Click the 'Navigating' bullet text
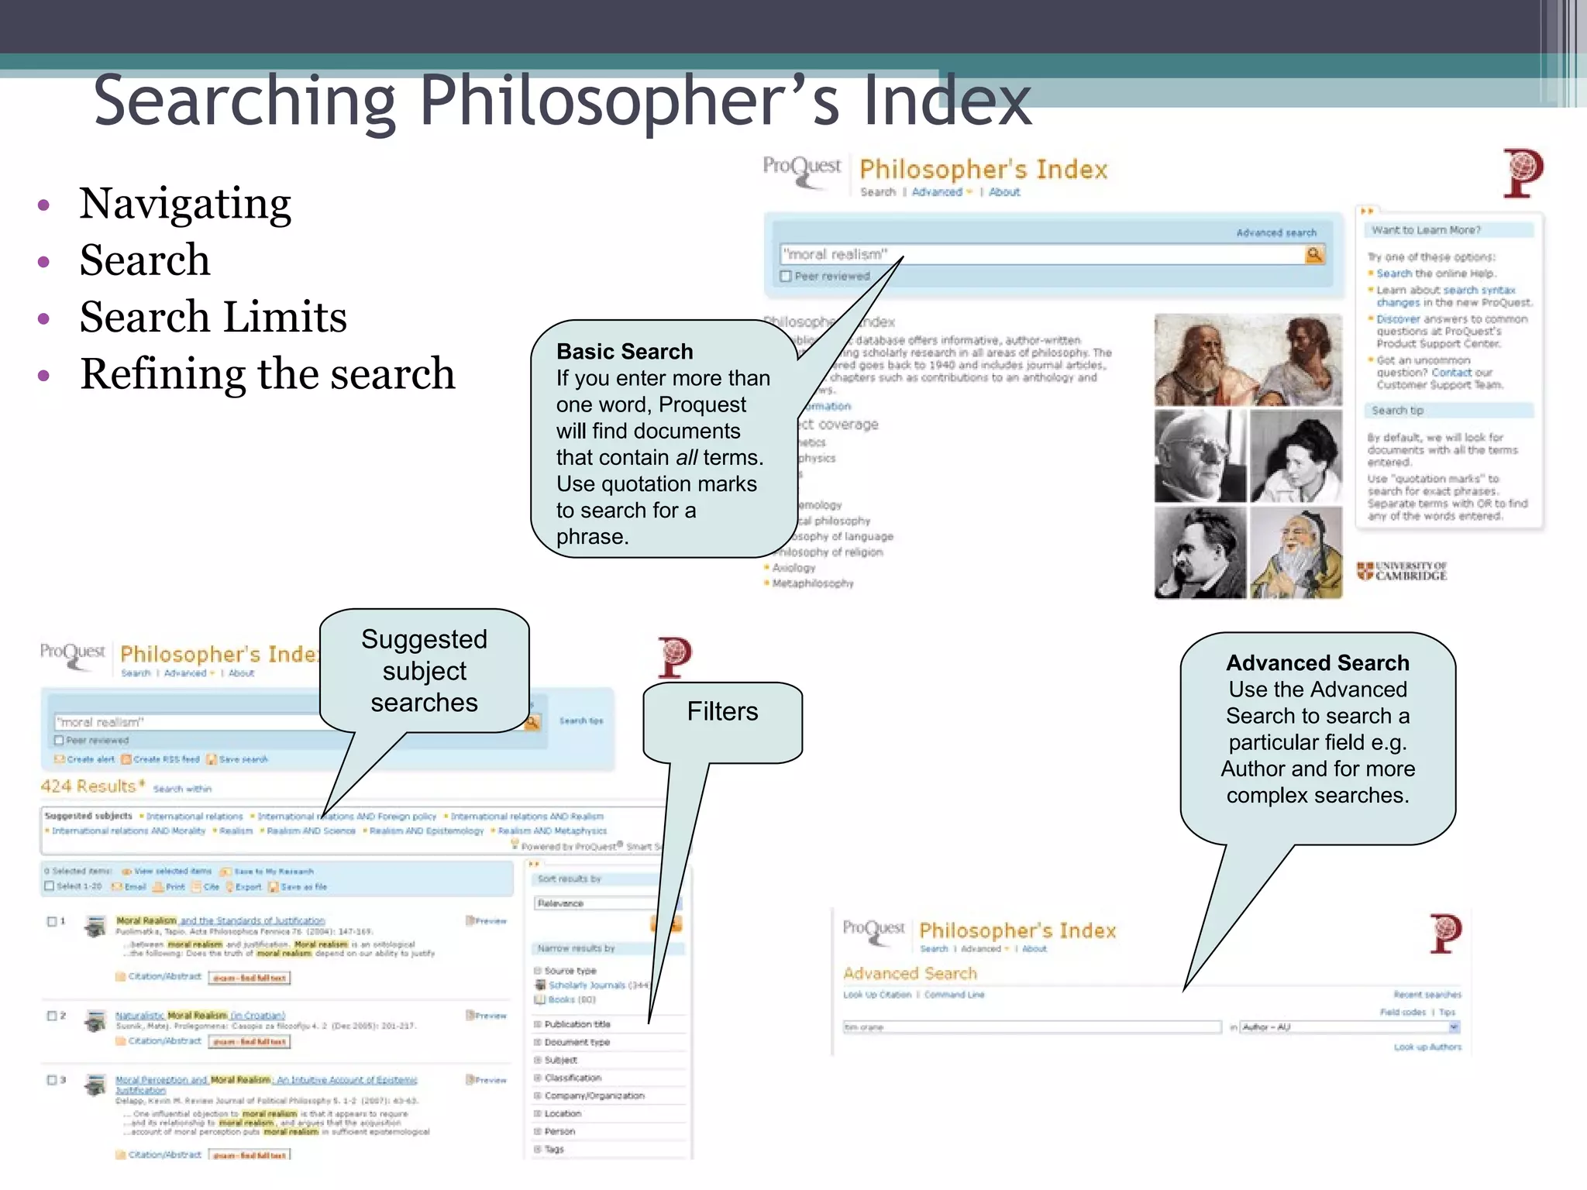(185, 205)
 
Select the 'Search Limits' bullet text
(213, 318)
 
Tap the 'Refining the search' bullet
(267, 374)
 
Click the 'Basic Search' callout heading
(625, 352)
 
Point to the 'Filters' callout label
(722, 711)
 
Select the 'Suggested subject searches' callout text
(424, 671)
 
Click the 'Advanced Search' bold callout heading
(1317, 663)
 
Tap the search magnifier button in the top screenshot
(1314, 254)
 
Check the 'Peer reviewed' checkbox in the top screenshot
(786, 277)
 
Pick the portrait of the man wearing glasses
(1200, 457)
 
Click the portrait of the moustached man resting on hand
(1200, 553)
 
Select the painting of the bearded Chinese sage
(1296, 553)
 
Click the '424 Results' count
(89, 786)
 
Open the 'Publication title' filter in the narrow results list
(577, 1024)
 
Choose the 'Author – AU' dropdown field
(1349, 1027)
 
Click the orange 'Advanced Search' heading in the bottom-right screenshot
(910, 973)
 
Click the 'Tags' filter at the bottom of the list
(554, 1150)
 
